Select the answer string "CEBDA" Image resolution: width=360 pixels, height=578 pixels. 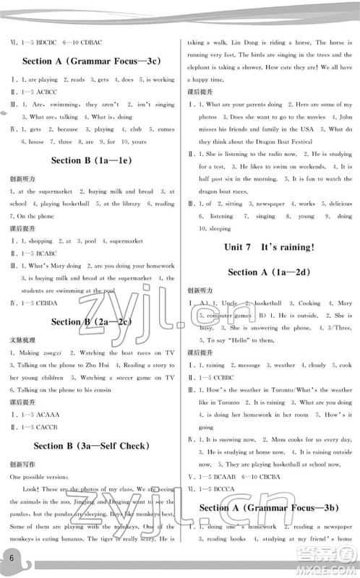[x=50, y=301]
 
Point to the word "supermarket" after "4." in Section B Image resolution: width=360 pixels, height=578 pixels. [x=127, y=241]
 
